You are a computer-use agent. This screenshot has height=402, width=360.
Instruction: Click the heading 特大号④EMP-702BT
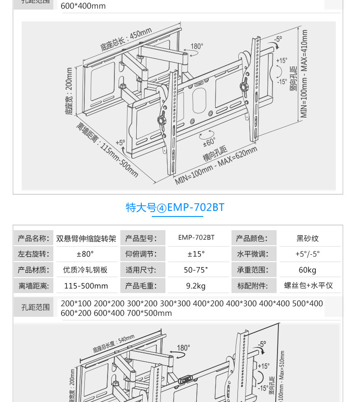click(x=175, y=207)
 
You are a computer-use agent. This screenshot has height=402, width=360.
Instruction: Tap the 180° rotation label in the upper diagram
click(x=196, y=46)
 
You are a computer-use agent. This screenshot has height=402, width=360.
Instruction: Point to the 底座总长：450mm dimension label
click(x=126, y=40)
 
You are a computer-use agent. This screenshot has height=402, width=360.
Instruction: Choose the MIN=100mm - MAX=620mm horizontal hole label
click(x=216, y=165)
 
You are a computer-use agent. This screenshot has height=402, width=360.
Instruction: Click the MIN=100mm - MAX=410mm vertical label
click(x=304, y=74)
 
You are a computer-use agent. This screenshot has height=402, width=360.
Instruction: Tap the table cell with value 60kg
click(x=308, y=270)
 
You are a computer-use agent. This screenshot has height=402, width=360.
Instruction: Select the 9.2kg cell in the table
click(x=196, y=286)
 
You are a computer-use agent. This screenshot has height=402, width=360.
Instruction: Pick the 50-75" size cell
click(x=196, y=270)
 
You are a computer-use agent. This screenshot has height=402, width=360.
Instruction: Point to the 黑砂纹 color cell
click(x=308, y=238)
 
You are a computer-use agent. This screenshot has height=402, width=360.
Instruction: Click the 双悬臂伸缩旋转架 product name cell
click(x=86, y=238)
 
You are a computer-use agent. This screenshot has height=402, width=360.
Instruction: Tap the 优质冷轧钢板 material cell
click(x=85, y=270)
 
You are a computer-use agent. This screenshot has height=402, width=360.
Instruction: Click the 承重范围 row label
click(x=250, y=270)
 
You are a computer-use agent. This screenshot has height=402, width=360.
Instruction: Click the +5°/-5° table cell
click(x=308, y=254)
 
